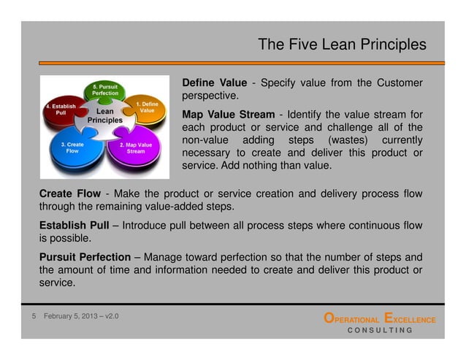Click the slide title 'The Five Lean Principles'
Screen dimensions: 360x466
pyautogui.click(x=342, y=45)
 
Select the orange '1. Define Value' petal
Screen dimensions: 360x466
pyautogui.click(x=146, y=110)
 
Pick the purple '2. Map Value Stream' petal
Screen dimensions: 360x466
pyautogui.click(x=136, y=149)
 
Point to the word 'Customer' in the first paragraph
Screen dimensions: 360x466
pyautogui.click(x=397, y=83)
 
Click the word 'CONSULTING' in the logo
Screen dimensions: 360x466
pyautogui.click(x=379, y=330)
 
